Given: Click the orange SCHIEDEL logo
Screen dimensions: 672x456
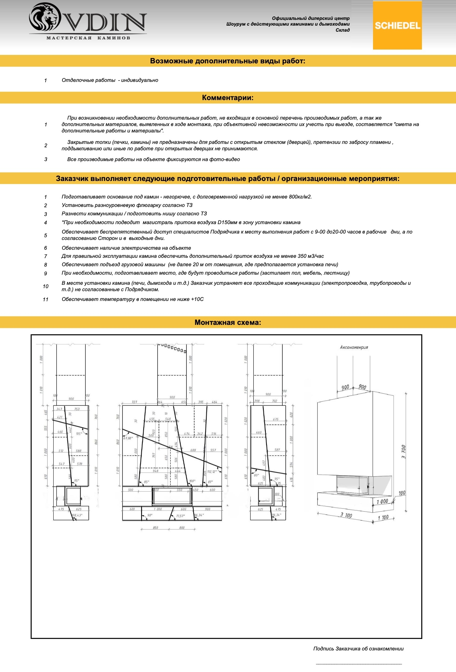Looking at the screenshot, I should coord(397,25).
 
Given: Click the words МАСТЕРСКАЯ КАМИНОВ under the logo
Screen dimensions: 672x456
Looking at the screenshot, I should coord(88,38).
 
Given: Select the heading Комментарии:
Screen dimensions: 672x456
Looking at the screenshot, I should coord(228,98).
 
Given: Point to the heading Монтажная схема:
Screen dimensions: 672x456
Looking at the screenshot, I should coord(228,323).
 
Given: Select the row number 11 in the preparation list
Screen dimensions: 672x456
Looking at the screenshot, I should coord(46,300).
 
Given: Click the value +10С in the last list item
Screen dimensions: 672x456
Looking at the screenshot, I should coord(197,299).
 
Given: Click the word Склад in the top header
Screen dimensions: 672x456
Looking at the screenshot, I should coord(342,30).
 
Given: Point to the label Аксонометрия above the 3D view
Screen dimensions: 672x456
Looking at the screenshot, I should coord(354,347).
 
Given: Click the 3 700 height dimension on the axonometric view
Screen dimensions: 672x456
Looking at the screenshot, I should coord(403,452).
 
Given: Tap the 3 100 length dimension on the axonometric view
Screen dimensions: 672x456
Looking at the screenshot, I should coord(346,515).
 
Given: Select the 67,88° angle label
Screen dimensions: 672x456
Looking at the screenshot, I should coord(128,438).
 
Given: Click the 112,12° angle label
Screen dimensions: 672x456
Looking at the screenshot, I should coord(212,471).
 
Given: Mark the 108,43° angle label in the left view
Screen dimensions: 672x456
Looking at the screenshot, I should coord(77,515).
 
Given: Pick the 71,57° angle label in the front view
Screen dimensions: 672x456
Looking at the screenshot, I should coord(180,516).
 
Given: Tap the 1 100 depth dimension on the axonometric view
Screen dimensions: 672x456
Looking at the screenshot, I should coord(383,517).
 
